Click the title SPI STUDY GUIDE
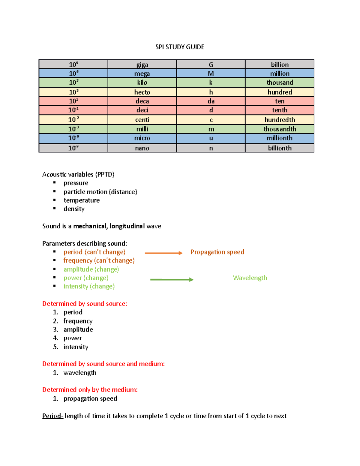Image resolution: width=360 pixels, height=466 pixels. (x=180, y=47)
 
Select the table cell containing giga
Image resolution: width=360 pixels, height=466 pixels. (x=142, y=65)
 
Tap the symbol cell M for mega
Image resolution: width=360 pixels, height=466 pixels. (x=211, y=74)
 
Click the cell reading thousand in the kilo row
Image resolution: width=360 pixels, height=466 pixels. (x=280, y=83)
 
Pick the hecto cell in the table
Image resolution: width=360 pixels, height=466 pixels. (x=142, y=92)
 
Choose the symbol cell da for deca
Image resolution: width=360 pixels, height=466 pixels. (x=211, y=101)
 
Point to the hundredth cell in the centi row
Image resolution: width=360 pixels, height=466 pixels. (x=280, y=120)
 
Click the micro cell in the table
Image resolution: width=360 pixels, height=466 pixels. (x=142, y=138)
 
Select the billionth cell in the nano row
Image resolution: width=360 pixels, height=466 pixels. (x=280, y=148)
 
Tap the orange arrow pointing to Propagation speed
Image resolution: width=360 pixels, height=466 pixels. (x=163, y=253)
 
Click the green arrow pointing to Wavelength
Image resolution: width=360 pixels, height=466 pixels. (x=172, y=279)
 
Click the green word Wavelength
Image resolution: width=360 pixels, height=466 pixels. (x=250, y=278)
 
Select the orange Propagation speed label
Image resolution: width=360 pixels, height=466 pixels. (x=217, y=252)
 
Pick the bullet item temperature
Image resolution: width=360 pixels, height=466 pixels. (x=82, y=200)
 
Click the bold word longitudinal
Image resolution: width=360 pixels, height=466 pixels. (x=127, y=226)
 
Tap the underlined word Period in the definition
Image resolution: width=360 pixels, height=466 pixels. (x=52, y=416)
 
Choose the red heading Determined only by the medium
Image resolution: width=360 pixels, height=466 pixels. (x=90, y=389)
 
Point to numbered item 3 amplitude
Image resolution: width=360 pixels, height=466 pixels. (x=78, y=329)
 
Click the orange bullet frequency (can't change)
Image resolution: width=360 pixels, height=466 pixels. (x=99, y=260)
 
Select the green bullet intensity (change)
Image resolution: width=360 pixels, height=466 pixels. (x=89, y=286)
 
